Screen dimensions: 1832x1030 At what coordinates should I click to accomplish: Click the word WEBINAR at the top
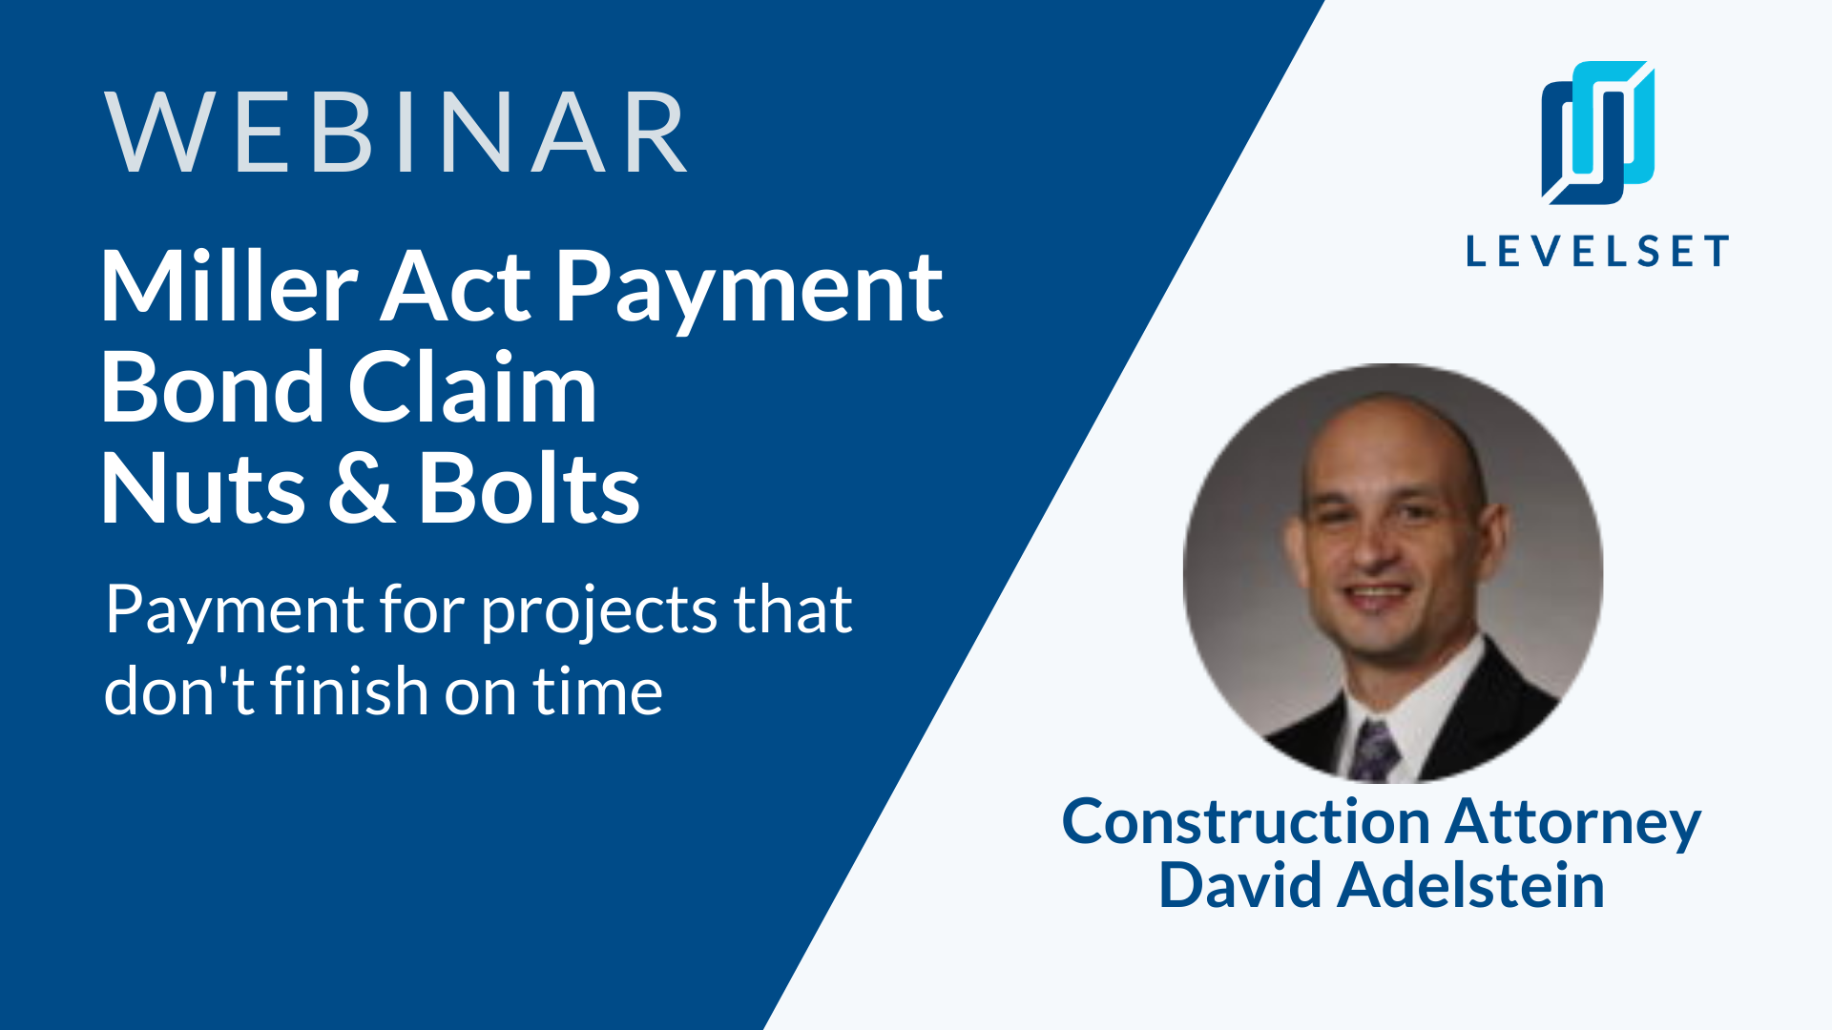(396, 133)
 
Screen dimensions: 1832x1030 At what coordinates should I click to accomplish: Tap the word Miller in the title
(229, 286)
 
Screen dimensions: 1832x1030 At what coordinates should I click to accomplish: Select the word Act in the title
(456, 286)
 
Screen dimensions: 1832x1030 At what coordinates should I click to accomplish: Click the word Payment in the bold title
(749, 290)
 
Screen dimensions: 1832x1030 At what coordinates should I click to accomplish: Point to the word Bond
(213, 387)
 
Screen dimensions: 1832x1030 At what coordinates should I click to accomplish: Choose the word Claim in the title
(472, 387)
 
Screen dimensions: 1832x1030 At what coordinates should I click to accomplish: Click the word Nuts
(203, 488)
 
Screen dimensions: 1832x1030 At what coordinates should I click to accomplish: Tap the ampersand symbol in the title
(362, 488)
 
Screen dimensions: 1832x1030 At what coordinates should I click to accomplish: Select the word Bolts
(529, 488)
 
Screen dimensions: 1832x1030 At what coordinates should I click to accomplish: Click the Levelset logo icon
(1598, 134)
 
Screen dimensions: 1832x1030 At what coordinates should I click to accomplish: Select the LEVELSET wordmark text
(1597, 251)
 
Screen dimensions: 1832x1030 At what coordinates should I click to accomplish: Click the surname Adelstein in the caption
(1470, 884)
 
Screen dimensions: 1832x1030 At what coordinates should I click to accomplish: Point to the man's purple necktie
(1374, 750)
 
